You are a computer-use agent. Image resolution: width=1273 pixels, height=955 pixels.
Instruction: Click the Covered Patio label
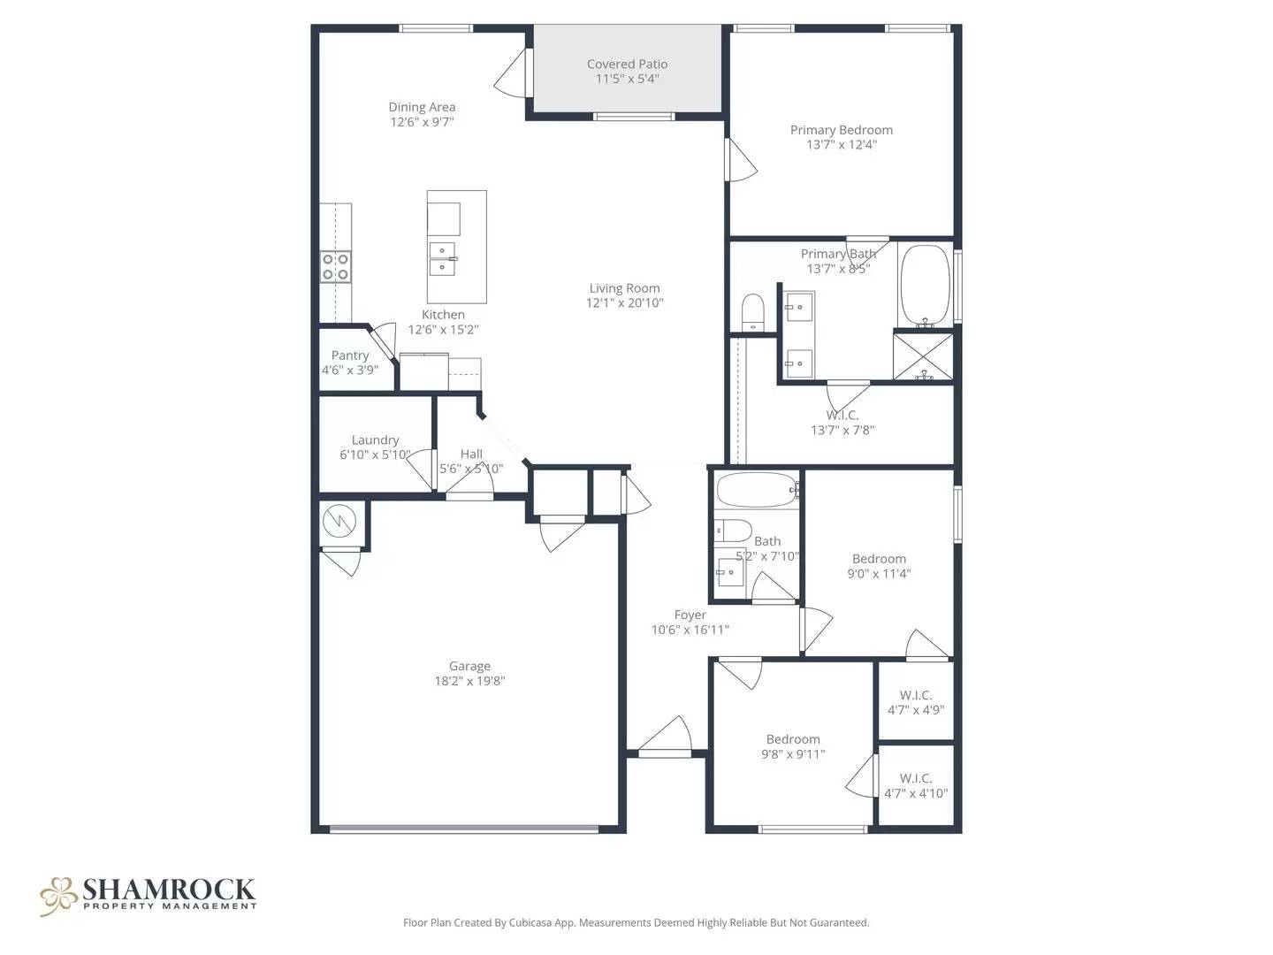point(627,64)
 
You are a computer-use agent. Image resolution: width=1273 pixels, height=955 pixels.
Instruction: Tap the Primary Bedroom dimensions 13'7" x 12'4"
point(841,145)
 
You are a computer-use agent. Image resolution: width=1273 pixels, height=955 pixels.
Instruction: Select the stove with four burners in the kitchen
point(335,266)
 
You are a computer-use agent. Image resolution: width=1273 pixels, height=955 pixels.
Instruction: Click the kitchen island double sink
point(442,257)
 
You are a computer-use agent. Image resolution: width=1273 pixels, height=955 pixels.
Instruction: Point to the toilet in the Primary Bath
point(752,312)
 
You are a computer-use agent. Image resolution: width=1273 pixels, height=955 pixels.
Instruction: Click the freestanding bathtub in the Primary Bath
point(925,286)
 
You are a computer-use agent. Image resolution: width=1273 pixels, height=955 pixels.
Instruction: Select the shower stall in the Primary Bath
point(924,356)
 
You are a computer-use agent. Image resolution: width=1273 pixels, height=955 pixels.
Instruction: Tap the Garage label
point(469,666)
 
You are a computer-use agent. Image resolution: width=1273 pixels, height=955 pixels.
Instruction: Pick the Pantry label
point(350,355)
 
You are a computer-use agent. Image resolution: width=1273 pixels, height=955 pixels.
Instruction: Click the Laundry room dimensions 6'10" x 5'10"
point(375,455)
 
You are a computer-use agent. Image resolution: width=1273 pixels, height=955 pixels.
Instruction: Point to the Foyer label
point(690,615)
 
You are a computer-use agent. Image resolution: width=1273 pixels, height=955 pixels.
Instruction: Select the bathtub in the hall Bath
point(757,490)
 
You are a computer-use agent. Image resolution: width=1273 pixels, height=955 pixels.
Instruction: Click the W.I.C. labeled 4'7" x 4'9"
point(916,702)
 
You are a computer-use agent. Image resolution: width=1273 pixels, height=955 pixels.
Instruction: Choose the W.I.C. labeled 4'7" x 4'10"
point(916,785)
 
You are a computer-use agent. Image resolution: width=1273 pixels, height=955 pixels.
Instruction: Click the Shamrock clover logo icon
point(59,895)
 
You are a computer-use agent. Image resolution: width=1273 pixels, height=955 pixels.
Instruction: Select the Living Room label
point(624,287)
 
